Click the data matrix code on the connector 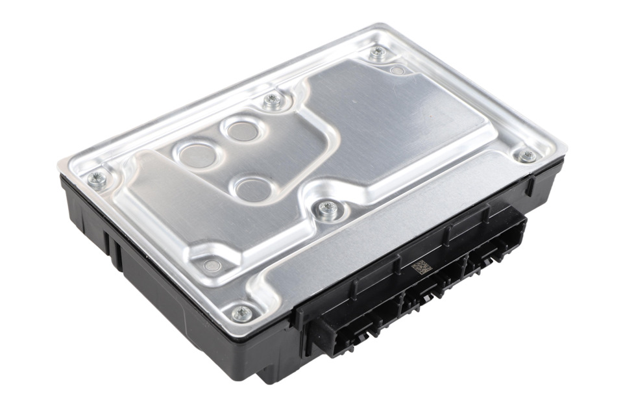[x=422, y=267]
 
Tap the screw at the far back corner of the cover [x=378, y=52]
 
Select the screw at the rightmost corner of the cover [x=528, y=156]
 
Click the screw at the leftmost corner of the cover [x=98, y=180]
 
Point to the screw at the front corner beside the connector [x=241, y=313]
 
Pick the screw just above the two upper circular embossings [x=273, y=100]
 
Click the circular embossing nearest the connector [x=252, y=188]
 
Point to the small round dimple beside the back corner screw [x=398, y=69]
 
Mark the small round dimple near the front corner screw [x=212, y=265]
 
